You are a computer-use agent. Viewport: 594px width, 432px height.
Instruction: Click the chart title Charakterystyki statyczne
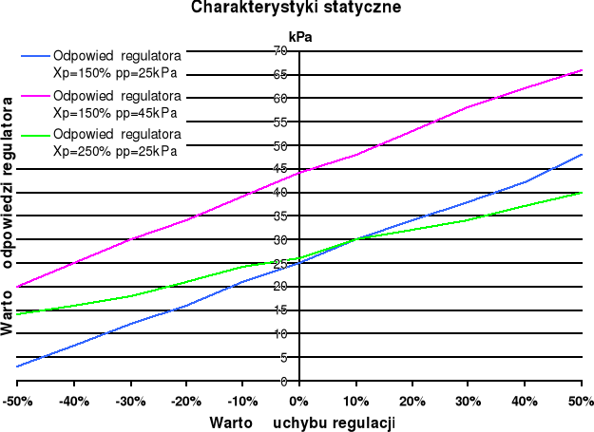click(296, 8)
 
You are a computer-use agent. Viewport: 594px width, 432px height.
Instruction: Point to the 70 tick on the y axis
click(280, 50)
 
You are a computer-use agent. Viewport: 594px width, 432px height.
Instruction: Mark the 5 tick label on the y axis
click(283, 358)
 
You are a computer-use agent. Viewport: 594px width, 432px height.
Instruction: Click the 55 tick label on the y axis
click(280, 122)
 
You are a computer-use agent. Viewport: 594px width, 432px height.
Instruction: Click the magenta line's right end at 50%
click(582, 70)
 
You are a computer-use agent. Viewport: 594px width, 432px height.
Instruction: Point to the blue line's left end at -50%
click(17, 366)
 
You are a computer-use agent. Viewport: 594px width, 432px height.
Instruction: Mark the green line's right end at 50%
click(582, 192)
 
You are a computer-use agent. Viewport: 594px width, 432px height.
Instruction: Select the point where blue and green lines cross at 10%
click(355, 238)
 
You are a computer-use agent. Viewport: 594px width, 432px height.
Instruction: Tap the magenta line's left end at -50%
click(17, 286)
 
